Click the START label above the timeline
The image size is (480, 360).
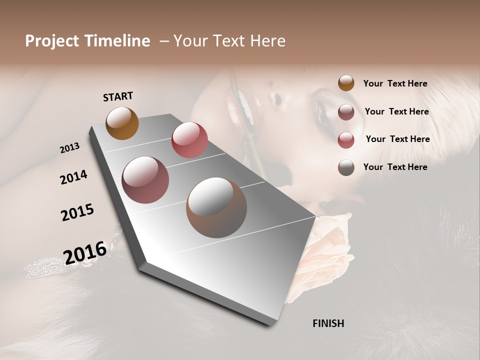[x=118, y=96]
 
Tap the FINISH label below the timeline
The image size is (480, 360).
[x=328, y=323]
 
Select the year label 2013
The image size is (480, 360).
[x=70, y=147]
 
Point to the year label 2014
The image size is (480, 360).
[x=73, y=177]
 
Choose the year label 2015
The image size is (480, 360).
[x=77, y=212]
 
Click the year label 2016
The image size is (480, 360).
[x=85, y=252]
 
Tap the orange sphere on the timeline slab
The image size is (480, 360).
[x=122, y=123]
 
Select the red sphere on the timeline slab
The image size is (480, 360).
[x=189, y=140]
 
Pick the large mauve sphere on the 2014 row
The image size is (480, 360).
[x=145, y=180]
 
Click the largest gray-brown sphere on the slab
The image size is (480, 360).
[x=216, y=207]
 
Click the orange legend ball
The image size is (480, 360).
[x=346, y=83]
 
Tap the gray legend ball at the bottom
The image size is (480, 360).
[x=346, y=167]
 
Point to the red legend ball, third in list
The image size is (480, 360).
[x=346, y=140]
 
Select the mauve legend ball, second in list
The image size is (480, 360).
[x=346, y=111]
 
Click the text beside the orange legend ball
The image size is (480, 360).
[x=395, y=83]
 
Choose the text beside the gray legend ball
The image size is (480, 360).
[x=395, y=167]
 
